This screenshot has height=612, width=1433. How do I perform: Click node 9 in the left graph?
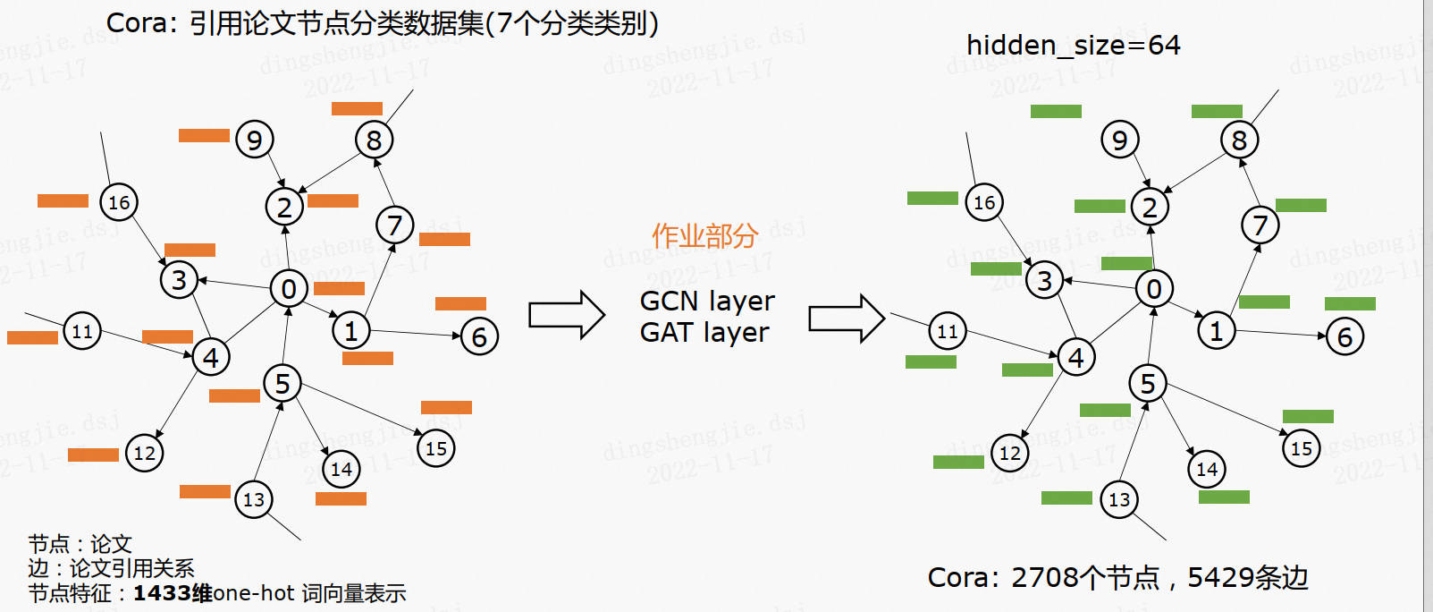255,140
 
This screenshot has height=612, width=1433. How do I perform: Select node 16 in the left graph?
119,202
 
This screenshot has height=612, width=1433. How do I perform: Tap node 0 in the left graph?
289,288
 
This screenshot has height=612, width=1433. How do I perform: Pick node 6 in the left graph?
479,336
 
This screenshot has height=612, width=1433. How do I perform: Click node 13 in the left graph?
254,499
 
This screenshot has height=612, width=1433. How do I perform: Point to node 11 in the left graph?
82,331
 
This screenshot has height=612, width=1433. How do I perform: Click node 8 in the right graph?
1239,140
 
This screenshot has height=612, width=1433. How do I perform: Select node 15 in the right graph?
1302,448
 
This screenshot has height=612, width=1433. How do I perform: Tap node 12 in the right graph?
1010,453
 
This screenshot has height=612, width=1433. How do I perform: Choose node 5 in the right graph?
1148,383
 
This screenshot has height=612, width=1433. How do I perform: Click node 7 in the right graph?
1260,225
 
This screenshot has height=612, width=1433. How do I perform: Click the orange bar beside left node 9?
204,135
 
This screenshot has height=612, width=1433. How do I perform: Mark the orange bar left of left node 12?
93,455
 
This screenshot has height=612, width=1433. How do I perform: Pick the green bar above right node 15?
1308,416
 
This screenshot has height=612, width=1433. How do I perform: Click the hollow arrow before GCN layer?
567,315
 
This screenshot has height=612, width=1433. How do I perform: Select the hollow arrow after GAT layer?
846,319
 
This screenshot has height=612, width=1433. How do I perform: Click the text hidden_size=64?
1073,45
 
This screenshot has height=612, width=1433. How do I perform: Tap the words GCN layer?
707,301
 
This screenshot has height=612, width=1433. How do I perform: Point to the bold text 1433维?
173,593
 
